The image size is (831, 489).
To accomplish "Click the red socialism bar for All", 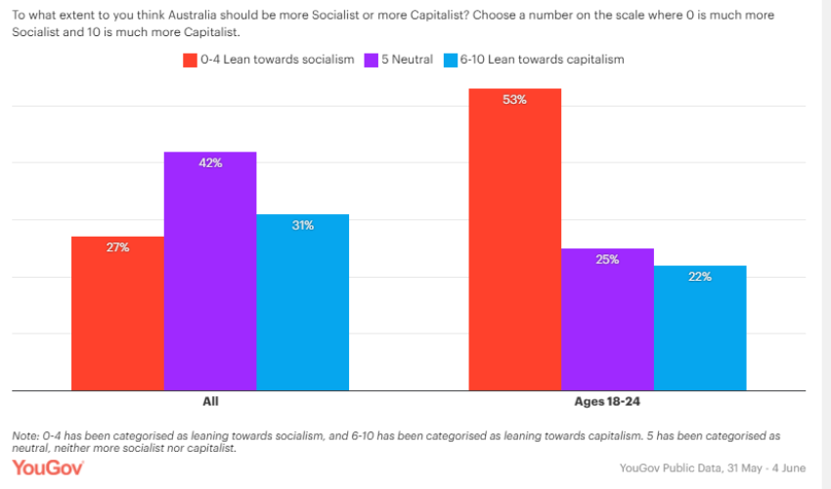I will coord(117,313).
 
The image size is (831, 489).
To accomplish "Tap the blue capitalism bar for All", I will coord(302,302).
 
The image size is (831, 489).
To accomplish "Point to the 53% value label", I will coord(515,100).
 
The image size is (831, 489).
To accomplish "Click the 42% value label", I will coord(210,163).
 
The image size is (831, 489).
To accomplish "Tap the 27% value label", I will coord(118,247).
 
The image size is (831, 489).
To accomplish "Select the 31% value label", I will coord(302,226).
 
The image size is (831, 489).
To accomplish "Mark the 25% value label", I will coord(607,260).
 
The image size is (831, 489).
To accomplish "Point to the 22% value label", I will coord(700,277).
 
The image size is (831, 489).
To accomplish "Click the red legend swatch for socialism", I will coord(191,60).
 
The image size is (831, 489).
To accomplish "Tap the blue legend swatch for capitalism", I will coord(451,60).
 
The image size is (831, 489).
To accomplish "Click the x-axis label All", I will coord(210,402).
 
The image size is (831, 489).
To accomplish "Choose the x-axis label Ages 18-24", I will coord(607,402).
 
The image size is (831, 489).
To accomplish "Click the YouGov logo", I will coord(48,467).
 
